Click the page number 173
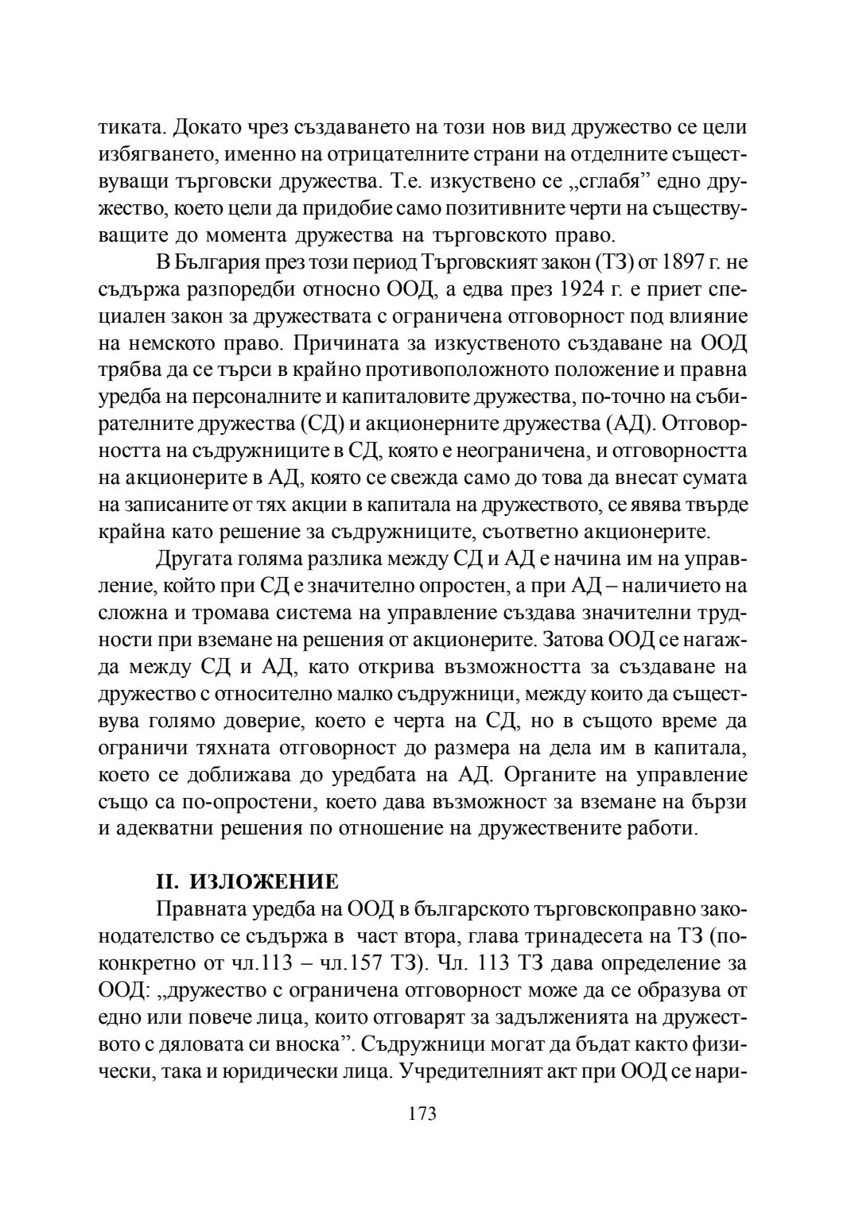pos(422,1113)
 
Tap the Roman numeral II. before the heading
pos(168,881)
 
